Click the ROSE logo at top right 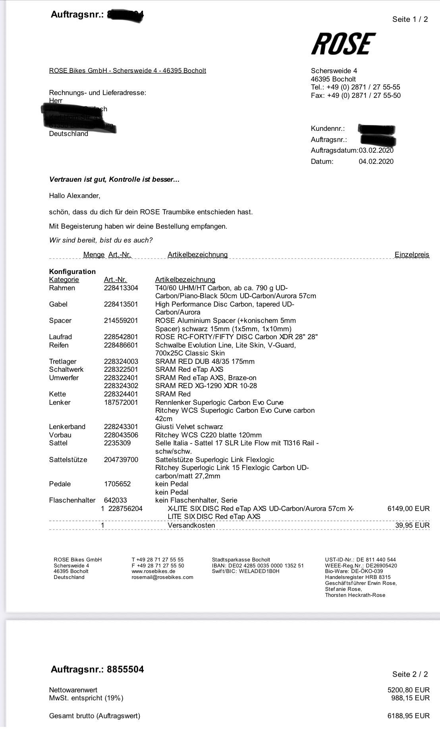click(344, 44)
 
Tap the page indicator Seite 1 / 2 click(410, 19)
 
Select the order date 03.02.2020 click(376, 151)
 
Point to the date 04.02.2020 click(376, 161)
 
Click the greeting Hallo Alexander click(75, 196)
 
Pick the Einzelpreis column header click(412, 254)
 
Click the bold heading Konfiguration click(72, 272)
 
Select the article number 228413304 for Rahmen click(121, 288)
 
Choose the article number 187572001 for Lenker click(121, 402)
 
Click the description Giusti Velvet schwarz click(189, 427)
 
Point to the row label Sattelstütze click(68, 460)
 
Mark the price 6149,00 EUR click(408, 509)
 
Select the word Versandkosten click(191, 525)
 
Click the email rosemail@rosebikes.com click(162, 577)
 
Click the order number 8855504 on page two click(125, 670)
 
